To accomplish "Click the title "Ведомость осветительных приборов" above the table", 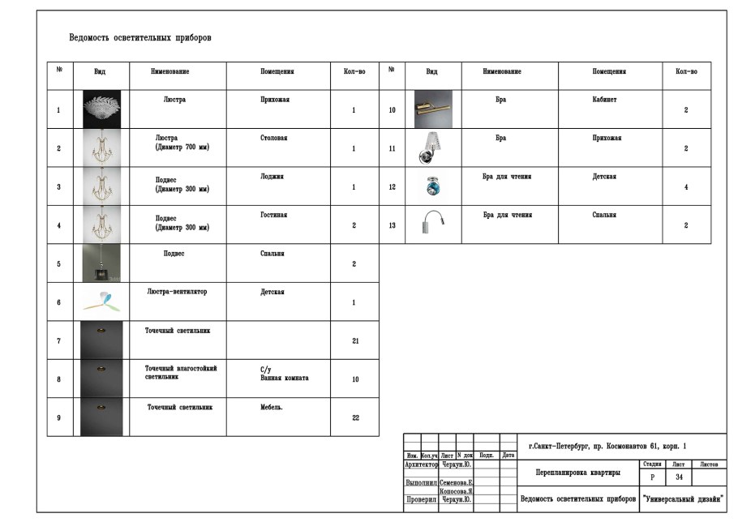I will point(139,38).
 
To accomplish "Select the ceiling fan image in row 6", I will point(102,301).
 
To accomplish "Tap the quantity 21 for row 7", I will point(355,341).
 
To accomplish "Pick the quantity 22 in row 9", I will point(355,417).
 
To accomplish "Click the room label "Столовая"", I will point(273,138).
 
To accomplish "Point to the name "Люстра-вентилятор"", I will point(177,292).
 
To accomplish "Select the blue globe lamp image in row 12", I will point(432,186).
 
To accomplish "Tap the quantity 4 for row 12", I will point(686,187).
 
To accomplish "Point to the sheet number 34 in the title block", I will point(680,477).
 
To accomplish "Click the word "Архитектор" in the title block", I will point(421,465).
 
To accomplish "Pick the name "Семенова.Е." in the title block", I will point(457,482).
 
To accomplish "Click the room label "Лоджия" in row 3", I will point(272,176).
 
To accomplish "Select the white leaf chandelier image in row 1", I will point(102,109).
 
